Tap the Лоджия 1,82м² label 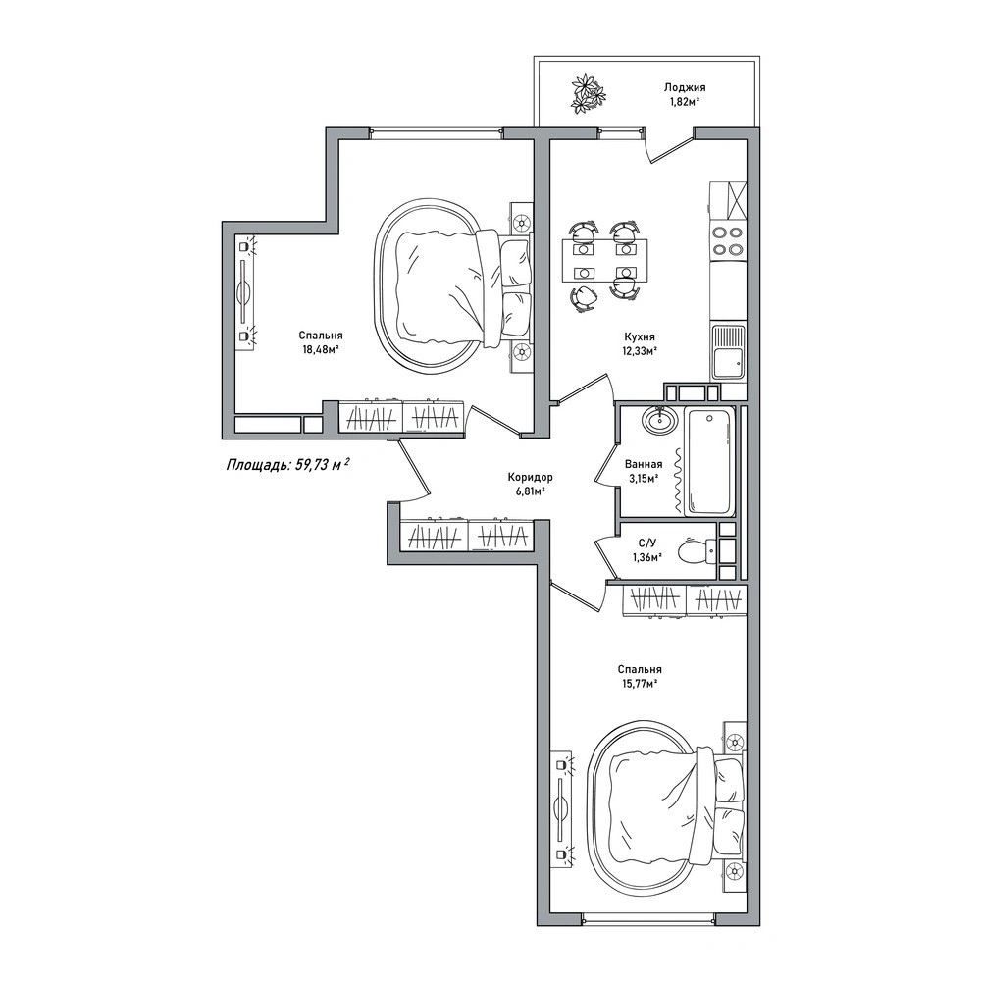(x=684, y=93)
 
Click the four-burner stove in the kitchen (x=728, y=240)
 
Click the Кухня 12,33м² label (x=639, y=343)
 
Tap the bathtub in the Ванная (x=709, y=461)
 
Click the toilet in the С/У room (x=698, y=550)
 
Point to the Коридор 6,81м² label (x=530, y=484)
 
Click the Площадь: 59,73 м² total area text (x=287, y=465)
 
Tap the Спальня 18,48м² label (x=320, y=342)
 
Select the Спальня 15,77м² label (x=639, y=676)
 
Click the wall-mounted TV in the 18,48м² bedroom (x=243, y=291)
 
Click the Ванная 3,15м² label (x=644, y=472)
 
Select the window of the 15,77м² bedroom (x=648, y=920)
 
